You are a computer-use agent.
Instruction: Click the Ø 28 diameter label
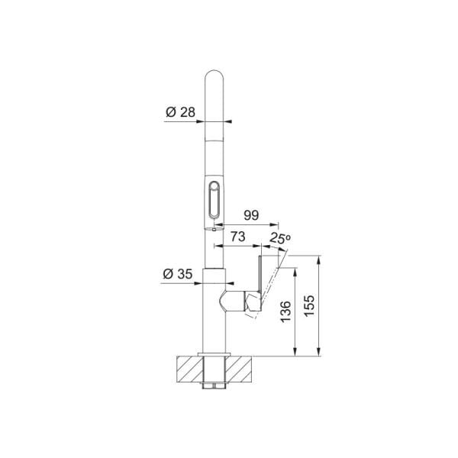(x=180, y=112)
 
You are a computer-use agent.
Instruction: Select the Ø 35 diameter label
(x=178, y=274)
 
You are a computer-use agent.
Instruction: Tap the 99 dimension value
(x=251, y=215)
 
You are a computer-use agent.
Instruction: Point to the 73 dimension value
(x=237, y=237)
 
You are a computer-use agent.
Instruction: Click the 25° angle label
(x=280, y=238)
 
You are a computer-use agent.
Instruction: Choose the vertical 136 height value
(x=285, y=311)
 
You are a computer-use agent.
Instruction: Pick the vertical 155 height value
(x=309, y=305)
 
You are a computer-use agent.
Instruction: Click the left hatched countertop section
(x=189, y=369)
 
